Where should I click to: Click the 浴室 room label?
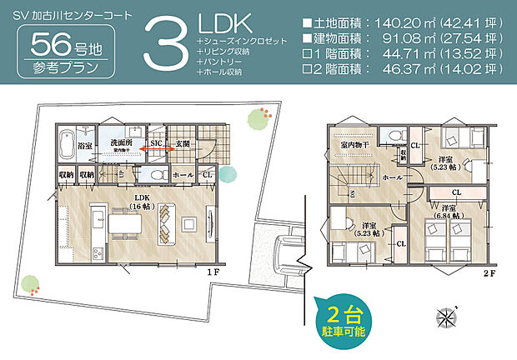(83, 142)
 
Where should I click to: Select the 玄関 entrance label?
(183, 142)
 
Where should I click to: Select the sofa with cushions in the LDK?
(167, 219)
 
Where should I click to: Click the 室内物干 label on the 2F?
(356, 144)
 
